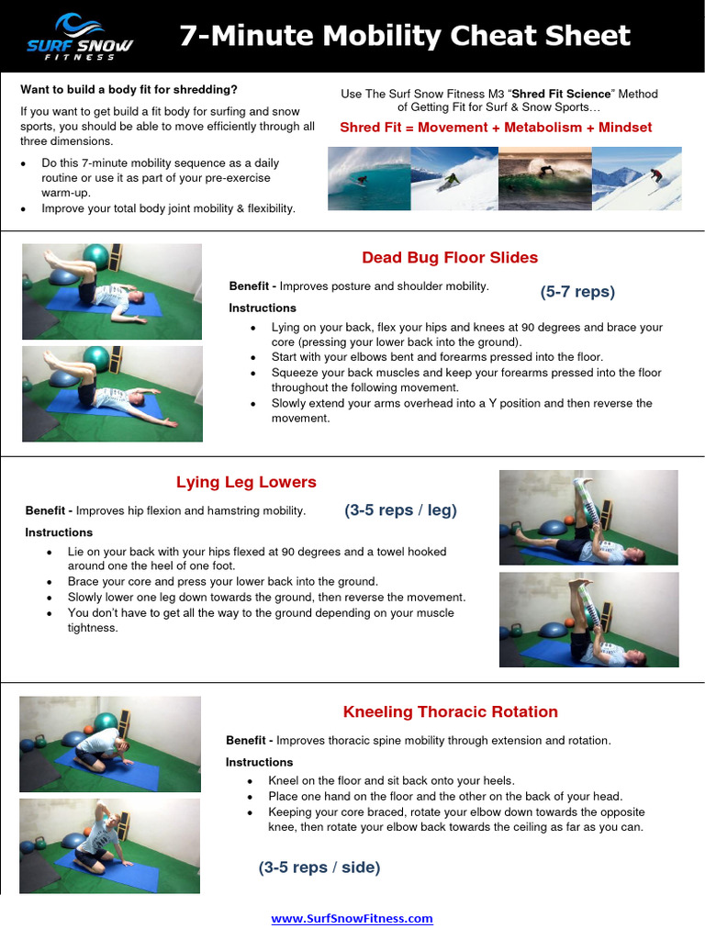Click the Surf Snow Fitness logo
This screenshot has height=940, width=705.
pos(79,37)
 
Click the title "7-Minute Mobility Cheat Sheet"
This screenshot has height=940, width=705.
pos(405,36)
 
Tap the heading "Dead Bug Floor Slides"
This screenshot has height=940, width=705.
pos(450,258)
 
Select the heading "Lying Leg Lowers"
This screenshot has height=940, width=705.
pos(246,482)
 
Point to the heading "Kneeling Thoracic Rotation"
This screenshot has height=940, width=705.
pos(450,711)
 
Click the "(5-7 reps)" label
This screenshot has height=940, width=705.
pos(577,292)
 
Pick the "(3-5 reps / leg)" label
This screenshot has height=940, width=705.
pos(400,510)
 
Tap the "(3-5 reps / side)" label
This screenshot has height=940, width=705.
pos(319,867)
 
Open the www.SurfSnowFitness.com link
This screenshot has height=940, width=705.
pos(352,918)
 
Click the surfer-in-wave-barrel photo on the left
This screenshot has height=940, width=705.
pos(369,179)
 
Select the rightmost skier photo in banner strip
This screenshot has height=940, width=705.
pos(637,179)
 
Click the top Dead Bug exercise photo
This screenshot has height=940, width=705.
pos(112,291)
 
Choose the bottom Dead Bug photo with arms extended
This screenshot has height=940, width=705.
pos(112,394)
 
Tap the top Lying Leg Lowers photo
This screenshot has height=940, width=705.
pos(588,517)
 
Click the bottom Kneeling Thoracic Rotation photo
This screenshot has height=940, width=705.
pos(109,845)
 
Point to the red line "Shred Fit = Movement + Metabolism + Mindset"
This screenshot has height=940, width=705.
pos(496,128)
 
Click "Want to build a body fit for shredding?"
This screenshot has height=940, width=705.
pos(129,90)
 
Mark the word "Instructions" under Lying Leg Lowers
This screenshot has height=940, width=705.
pos(59,532)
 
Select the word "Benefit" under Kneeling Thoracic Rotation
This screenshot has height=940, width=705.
pos(246,740)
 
